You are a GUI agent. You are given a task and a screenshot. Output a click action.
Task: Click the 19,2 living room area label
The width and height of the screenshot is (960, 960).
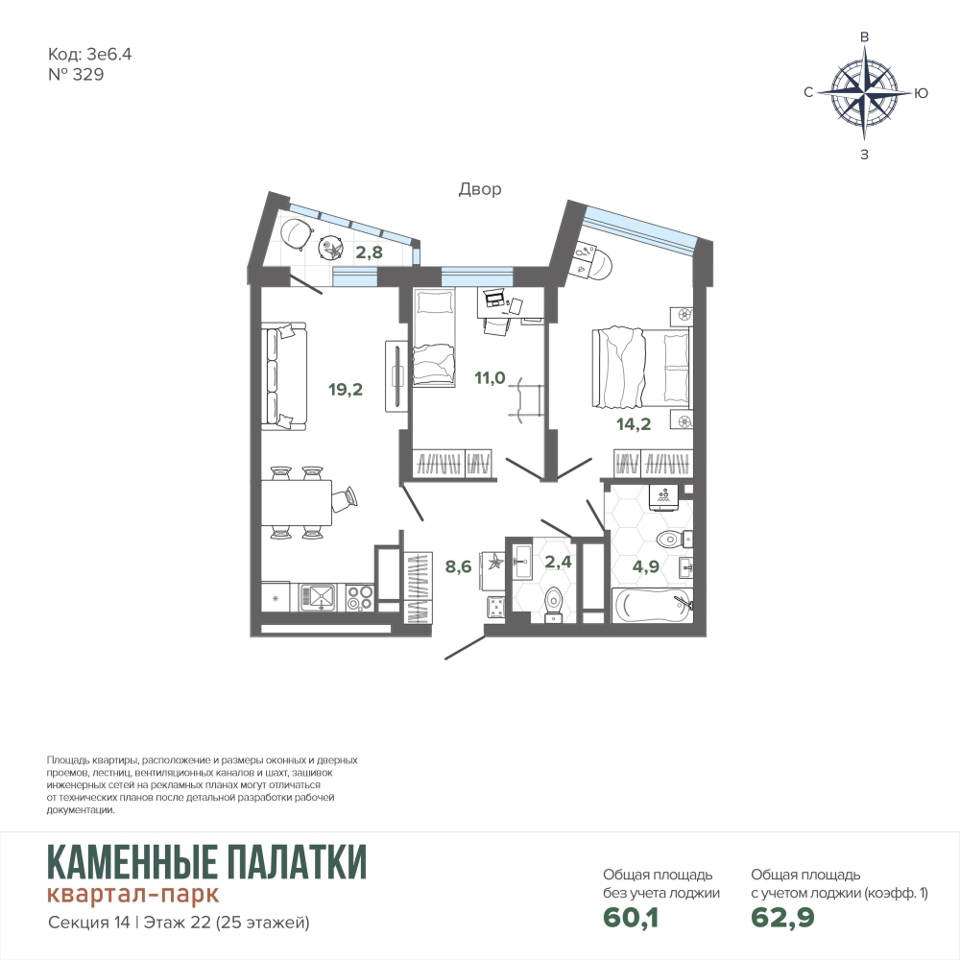pyautogui.click(x=346, y=390)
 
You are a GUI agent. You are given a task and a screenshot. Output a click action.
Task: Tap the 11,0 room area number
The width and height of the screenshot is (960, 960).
pyautogui.click(x=490, y=378)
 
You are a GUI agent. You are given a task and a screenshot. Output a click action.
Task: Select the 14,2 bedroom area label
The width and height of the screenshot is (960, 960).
pyautogui.click(x=634, y=423)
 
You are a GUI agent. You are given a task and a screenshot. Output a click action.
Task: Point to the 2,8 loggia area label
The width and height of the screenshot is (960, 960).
pyautogui.click(x=370, y=252)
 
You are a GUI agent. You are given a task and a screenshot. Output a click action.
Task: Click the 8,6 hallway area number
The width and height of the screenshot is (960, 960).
pyautogui.click(x=459, y=567)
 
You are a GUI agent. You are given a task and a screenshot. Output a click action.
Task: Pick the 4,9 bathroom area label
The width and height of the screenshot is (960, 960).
pyautogui.click(x=646, y=566)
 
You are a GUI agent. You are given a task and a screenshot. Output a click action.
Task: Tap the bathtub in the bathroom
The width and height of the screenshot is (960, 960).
pyautogui.click(x=653, y=605)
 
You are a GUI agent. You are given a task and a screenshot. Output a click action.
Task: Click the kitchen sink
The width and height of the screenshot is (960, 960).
pyautogui.click(x=317, y=597)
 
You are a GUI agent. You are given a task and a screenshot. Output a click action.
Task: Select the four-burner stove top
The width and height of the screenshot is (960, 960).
pyautogui.click(x=359, y=597)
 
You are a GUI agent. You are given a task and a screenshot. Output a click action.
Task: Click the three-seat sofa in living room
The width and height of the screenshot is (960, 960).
pyautogui.click(x=284, y=376)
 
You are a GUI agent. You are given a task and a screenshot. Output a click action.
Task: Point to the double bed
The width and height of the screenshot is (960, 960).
pyautogui.click(x=640, y=368)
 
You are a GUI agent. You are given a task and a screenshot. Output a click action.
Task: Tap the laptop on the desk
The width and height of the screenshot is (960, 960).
pyautogui.click(x=492, y=299)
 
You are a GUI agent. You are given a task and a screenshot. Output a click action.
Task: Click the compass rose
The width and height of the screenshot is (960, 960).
pyautogui.click(x=865, y=94)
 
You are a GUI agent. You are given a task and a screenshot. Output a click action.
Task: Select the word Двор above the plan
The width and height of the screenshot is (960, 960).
pyautogui.click(x=480, y=189)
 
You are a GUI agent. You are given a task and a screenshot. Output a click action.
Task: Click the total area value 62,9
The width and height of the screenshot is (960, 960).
pyautogui.click(x=783, y=917)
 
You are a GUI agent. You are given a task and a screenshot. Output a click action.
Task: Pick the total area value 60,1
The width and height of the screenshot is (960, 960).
pyautogui.click(x=631, y=917)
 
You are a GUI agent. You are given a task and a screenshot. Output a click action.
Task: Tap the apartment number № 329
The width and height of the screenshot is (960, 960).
pyautogui.click(x=76, y=75)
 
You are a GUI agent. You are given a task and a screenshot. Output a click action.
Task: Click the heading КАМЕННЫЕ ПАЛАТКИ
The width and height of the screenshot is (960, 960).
pyautogui.click(x=207, y=861)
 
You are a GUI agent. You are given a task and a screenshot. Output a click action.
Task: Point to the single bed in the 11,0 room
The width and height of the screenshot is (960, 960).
pyautogui.click(x=434, y=338)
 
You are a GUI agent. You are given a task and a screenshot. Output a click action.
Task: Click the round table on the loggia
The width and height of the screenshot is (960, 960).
pyautogui.click(x=332, y=248)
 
